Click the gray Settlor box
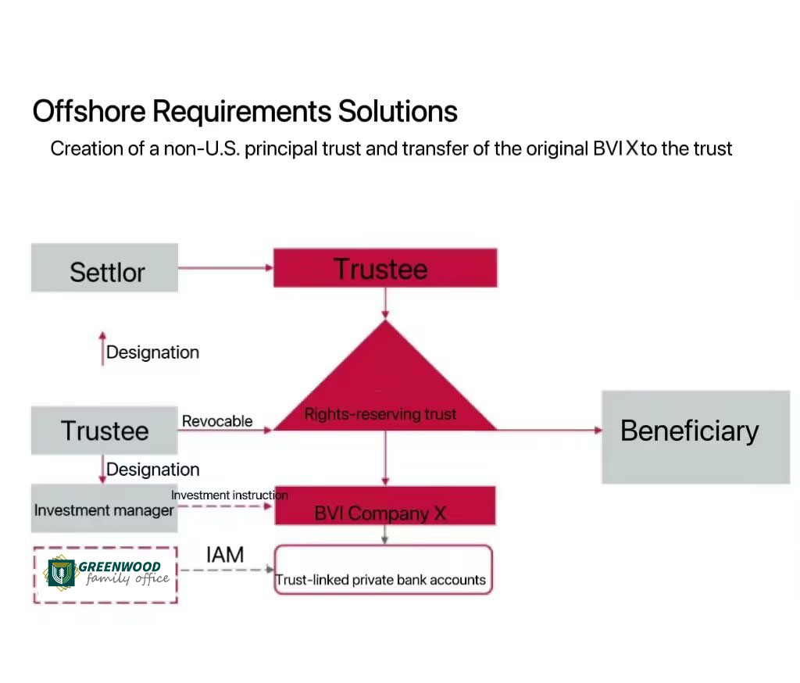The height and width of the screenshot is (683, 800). click(105, 267)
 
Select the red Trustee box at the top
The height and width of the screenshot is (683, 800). click(385, 268)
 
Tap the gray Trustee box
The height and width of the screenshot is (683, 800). click(105, 431)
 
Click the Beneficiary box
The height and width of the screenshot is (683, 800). click(696, 437)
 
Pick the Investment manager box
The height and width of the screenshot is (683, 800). click(105, 509)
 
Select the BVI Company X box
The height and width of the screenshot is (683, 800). click(385, 506)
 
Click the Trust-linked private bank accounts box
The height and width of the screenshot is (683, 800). click(383, 570)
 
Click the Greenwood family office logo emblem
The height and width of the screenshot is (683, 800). click(61, 573)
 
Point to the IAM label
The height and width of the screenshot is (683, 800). click(225, 555)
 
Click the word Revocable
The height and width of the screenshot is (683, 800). click(217, 421)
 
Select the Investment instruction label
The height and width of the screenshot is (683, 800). click(230, 495)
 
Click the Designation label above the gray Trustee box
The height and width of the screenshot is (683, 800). click(152, 352)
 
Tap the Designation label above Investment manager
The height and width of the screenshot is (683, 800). click(152, 469)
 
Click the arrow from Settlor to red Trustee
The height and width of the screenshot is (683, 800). click(226, 267)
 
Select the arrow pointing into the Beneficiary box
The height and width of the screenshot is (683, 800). click(549, 431)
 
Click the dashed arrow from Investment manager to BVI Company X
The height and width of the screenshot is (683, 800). click(225, 506)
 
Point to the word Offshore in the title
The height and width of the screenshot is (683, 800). click(89, 111)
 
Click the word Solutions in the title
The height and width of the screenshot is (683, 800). click(398, 111)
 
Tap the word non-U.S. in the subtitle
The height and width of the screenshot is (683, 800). click(202, 148)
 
